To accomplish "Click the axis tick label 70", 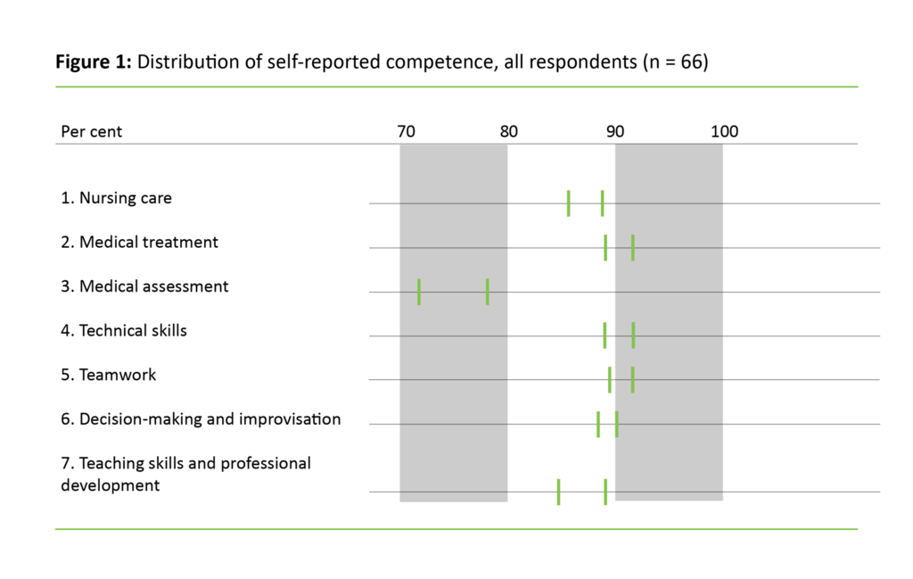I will (x=406, y=132).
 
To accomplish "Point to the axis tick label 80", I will (x=508, y=132).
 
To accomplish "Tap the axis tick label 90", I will (x=615, y=132).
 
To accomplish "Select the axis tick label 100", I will (x=724, y=132).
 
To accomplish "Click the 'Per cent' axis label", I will (x=92, y=132).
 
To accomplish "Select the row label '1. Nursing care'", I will (x=116, y=198).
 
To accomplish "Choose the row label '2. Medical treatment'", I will (x=139, y=242).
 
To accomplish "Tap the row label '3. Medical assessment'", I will (x=144, y=286).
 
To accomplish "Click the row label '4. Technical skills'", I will (x=124, y=330).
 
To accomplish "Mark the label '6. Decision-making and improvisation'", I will (x=201, y=418).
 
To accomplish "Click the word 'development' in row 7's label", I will (x=111, y=485).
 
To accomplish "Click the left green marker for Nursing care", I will (x=569, y=203).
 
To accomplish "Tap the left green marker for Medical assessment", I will (x=419, y=292).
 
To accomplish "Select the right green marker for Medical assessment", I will (x=488, y=292).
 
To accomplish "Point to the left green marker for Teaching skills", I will (x=558, y=492).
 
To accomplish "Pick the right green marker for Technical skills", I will (x=633, y=335).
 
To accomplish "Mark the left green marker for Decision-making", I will (x=598, y=424).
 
